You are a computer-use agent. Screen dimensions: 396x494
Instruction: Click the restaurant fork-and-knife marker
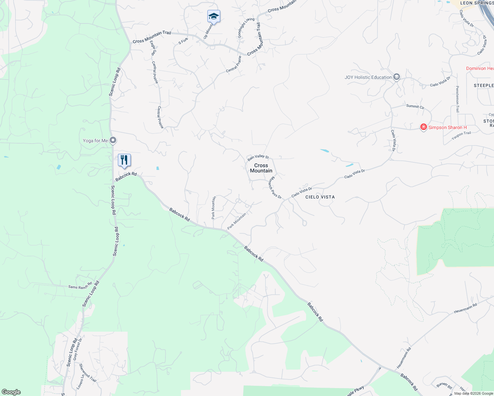tap(124, 160)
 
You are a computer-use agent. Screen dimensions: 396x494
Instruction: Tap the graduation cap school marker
tap(214, 16)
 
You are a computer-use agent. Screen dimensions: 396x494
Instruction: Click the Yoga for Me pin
tap(113, 141)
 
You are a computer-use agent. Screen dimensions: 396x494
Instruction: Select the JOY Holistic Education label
tap(368, 77)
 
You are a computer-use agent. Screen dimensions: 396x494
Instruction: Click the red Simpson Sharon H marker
tap(423, 127)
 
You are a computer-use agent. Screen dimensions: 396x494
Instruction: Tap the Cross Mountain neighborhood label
tap(261, 168)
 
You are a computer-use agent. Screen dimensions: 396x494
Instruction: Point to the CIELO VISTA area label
tap(320, 197)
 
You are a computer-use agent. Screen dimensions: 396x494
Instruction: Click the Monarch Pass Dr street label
tap(275, 188)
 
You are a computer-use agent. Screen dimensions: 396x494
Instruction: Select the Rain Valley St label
tap(258, 157)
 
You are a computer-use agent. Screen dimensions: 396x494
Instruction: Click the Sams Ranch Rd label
tap(80, 286)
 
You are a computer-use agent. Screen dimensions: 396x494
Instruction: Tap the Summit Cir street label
tap(415, 106)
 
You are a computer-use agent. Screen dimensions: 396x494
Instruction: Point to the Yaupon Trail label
tap(461, 135)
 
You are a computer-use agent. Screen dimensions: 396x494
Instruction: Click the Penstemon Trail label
tap(457, 99)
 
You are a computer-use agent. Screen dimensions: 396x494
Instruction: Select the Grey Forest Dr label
tap(77, 349)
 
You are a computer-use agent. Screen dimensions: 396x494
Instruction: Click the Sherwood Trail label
tap(88, 373)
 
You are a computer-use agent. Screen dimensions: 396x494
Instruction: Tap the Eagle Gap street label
tap(153, 48)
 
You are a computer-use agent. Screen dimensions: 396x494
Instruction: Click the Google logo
tap(11, 392)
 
